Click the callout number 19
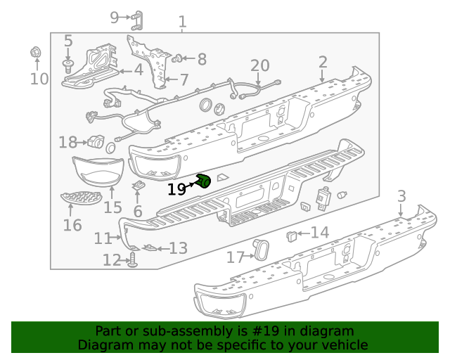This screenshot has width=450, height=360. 176,188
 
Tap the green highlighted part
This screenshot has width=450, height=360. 204,182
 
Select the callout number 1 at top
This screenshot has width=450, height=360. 183,22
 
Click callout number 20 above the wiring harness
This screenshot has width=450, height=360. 260,65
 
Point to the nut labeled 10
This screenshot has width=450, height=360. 36,52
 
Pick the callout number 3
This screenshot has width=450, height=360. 401,195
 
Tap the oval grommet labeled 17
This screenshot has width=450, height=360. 261,250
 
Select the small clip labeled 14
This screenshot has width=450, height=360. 292,234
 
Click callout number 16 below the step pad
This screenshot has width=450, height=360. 72,225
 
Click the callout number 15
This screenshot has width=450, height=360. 112,207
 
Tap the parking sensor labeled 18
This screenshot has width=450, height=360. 95,141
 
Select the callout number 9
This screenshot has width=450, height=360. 115,17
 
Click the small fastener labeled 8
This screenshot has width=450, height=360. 178,58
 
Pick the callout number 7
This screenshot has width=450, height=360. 184,79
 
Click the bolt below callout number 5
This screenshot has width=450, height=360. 68,66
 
